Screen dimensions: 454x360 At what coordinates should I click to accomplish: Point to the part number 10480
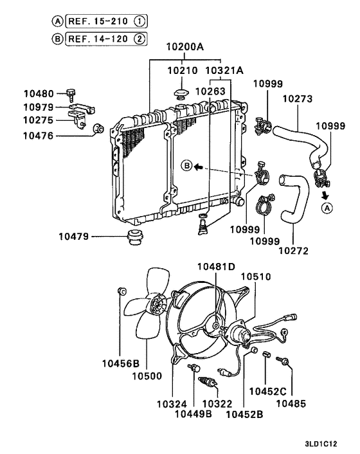click(37, 94)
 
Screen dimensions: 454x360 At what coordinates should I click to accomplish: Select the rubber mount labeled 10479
click(135, 236)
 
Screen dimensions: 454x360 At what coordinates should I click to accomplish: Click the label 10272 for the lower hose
click(294, 249)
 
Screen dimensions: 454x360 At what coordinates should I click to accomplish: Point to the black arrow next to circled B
click(200, 166)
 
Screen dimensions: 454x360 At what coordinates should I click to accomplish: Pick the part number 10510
click(256, 277)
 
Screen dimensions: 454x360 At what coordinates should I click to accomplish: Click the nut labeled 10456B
click(121, 292)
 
